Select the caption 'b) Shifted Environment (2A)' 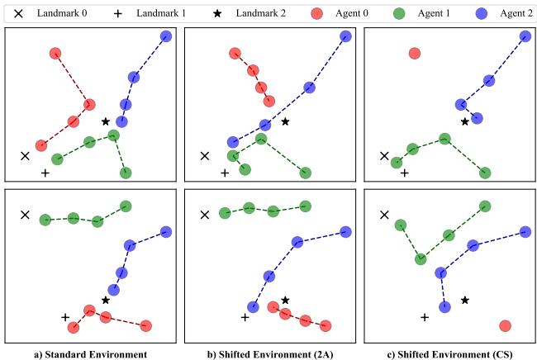pos(268,353)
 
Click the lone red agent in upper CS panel pos(415,54)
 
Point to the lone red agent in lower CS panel pos(505,326)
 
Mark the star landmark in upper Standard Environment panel pos(106,121)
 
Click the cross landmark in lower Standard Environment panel pos(26,215)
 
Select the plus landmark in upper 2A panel pos(225,173)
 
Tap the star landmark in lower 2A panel pos(285,300)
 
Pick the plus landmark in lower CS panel pos(425,317)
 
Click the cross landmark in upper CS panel pos(384,155)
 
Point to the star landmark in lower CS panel pos(465,300)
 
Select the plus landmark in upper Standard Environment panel pos(45,173)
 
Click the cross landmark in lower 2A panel pos(205,215)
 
